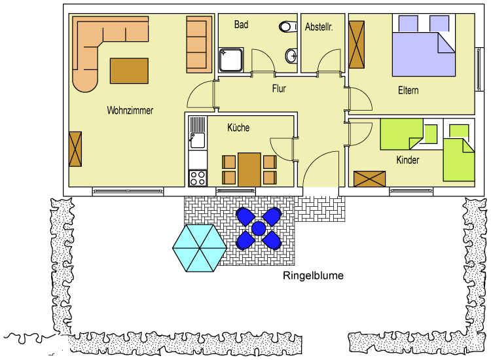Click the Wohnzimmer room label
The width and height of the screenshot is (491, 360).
[x=130, y=111]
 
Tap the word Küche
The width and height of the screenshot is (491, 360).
[x=238, y=128]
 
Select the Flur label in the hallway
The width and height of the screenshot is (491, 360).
[x=280, y=88]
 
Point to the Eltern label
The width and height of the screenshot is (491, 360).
[x=408, y=90]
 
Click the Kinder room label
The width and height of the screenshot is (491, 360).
[x=407, y=160]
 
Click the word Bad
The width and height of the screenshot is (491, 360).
[x=241, y=25]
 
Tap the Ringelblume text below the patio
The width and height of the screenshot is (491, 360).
[x=313, y=276]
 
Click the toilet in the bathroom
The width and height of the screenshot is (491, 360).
[x=287, y=27]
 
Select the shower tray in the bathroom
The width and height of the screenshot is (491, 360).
[x=230, y=59]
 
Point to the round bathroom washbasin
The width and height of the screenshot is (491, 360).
[x=291, y=56]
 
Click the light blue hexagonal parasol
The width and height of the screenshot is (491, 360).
[x=196, y=248]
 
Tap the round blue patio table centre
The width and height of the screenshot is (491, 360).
[x=258, y=228]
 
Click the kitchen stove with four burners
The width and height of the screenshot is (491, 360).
[x=197, y=177]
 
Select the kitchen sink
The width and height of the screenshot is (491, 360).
[x=197, y=139]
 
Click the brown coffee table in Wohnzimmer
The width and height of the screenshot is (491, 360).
[x=129, y=71]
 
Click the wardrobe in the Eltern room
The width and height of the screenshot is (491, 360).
[x=357, y=45]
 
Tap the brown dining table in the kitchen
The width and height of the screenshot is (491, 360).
[x=249, y=170]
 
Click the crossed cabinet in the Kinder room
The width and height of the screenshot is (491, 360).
[x=370, y=179]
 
